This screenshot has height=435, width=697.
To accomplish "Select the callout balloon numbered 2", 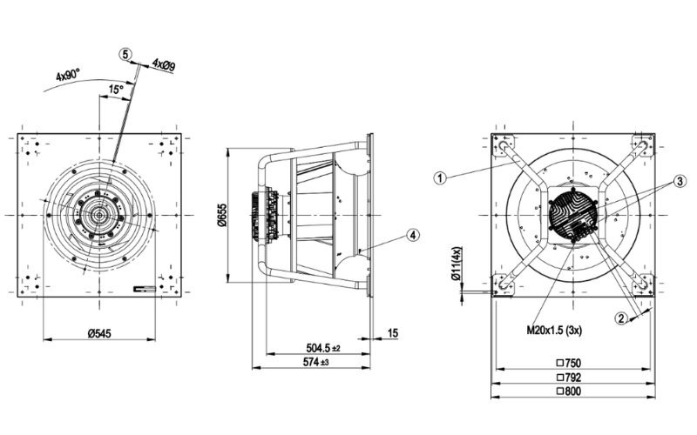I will (x=621, y=318).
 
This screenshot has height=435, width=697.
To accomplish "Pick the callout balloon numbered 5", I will (x=126, y=54).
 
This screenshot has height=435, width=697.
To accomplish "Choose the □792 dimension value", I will (x=571, y=378).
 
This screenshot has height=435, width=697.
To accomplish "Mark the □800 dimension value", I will (x=571, y=391).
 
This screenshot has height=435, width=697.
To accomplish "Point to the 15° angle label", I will (x=115, y=90).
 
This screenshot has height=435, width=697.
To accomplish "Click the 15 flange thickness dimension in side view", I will (x=394, y=331).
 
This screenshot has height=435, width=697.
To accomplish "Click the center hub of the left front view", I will (x=98, y=213).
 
